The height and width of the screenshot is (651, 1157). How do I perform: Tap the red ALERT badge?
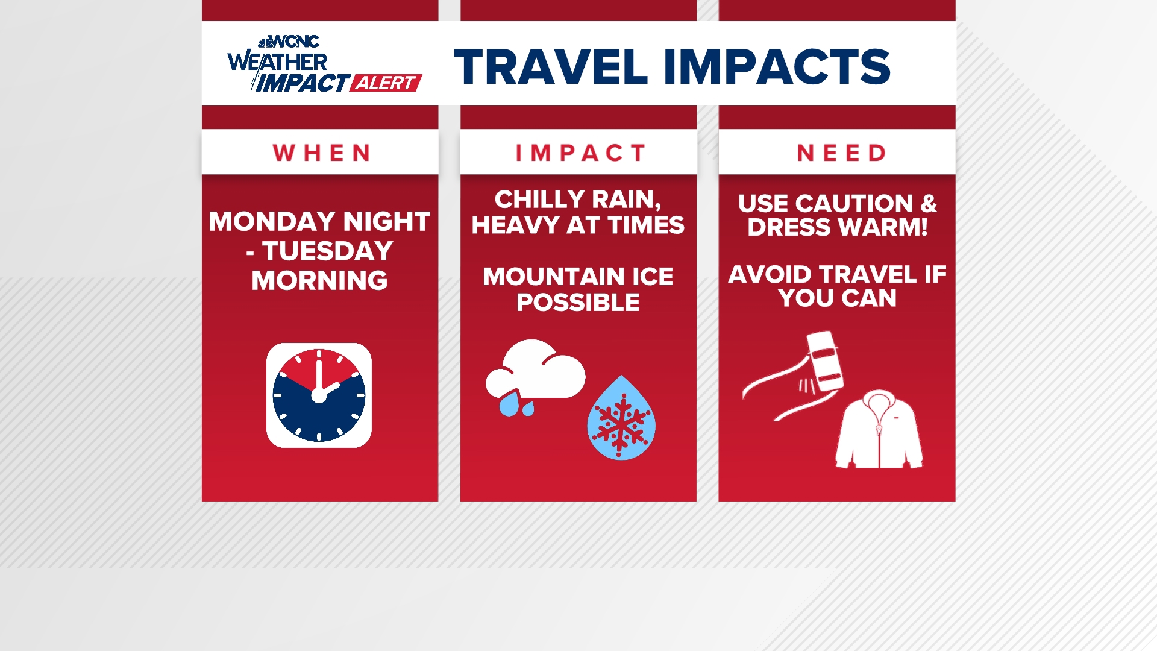[386, 83]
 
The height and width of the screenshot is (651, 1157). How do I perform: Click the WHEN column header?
[321, 153]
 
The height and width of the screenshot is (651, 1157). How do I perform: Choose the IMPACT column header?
[580, 153]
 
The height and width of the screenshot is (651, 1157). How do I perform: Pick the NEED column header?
[841, 153]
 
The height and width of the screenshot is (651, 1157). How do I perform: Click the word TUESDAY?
[328, 251]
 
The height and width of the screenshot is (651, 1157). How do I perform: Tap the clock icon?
[319, 395]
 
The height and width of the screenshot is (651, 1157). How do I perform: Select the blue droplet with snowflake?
[621, 419]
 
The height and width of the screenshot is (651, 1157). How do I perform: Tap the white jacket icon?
[879, 430]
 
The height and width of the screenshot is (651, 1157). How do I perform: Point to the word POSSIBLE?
[578, 303]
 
